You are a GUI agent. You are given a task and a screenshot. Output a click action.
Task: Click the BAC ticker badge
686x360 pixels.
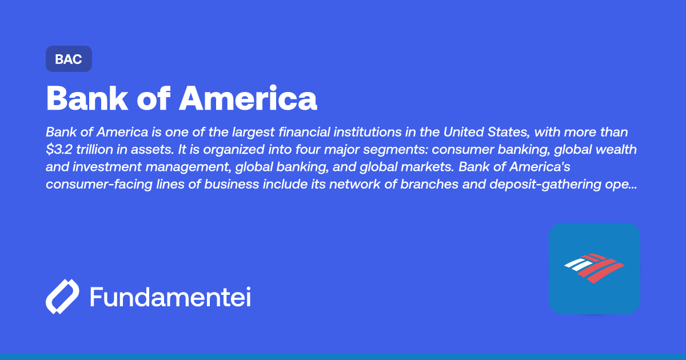(x=69, y=59)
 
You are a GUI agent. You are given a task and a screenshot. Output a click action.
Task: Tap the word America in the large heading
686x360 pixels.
(x=248, y=98)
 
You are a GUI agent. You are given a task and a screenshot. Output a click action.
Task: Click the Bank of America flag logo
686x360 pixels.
(x=594, y=268)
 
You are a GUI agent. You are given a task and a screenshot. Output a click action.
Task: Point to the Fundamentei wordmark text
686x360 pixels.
(x=170, y=297)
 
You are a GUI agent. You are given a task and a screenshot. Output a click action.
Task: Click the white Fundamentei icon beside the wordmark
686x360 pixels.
(x=62, y=297)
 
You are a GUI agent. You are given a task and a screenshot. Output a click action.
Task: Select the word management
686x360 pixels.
(x=193, y=168)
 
